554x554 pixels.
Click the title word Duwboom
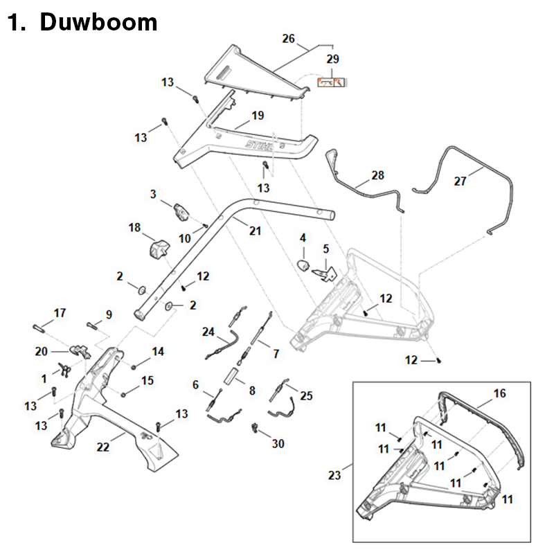pos(98,23)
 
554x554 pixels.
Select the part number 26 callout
pos(289,39)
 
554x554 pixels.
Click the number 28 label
pos(377,176)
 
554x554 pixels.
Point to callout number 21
pos(256,231)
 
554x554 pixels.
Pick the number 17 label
pos(60,313)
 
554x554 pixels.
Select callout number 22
pos(102,447)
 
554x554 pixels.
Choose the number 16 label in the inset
pos(499,393)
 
